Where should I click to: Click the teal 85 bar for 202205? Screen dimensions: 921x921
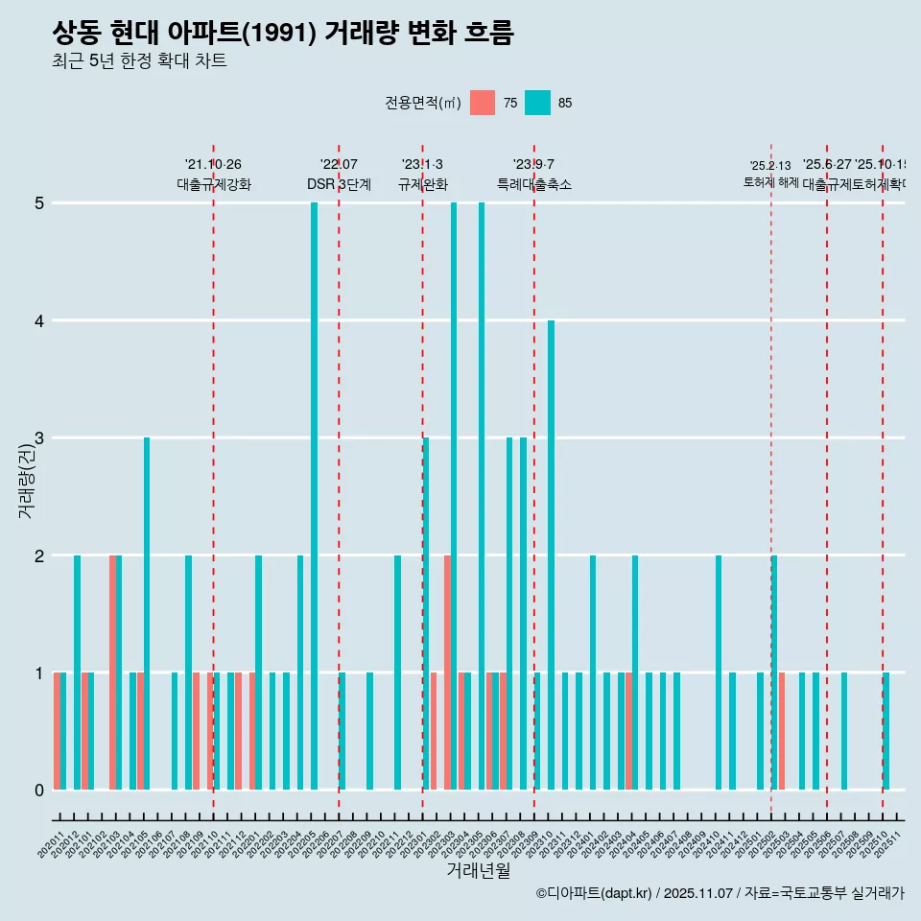(314, 496)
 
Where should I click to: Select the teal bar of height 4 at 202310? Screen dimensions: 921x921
(551, 555)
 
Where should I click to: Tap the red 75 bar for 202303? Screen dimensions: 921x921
(447, 672)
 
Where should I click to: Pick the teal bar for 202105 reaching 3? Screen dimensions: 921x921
(147, 613)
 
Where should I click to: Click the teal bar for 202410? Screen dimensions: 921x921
(719, 672)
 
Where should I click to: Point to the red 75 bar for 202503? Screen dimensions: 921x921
(782, 731)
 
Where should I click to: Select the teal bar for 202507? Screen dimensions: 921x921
(844, 731)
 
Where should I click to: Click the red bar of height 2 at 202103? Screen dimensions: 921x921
(112, 672)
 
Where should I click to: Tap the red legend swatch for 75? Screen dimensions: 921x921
(483, 103)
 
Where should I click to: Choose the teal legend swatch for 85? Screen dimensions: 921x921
(538, 103)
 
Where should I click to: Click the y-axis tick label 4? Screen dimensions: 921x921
(40, 320)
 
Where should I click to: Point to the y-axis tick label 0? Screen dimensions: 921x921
(40, 790)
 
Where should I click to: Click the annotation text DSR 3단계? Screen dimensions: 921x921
(339, 184)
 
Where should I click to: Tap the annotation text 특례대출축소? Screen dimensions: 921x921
(533, 184)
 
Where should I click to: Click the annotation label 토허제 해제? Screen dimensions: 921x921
(770, 181)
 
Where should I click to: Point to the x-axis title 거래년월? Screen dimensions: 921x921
(478, 871)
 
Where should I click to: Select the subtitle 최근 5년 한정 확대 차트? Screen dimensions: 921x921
(140, 61)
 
